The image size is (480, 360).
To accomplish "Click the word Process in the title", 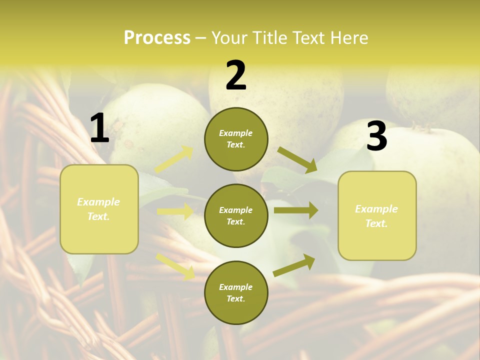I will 157,38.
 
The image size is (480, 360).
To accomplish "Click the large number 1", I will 99,128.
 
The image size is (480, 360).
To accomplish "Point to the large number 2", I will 236,75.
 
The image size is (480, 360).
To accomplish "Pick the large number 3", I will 376,136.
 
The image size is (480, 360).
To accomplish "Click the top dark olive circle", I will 236,139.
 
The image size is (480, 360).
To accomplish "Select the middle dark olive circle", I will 236,216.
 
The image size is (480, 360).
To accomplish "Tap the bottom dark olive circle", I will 236,293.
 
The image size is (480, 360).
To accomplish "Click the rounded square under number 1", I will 99,209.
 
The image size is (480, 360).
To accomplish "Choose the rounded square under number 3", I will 377,216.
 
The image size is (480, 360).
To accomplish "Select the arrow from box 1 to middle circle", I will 175,211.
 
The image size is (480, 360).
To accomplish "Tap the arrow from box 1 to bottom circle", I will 175,266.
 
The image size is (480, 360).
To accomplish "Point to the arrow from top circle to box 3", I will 298,160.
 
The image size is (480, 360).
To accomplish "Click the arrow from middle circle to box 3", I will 295,210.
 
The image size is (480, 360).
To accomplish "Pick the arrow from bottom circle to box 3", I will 294,265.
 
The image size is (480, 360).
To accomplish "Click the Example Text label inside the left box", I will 98,209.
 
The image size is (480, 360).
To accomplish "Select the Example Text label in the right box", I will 376,216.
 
